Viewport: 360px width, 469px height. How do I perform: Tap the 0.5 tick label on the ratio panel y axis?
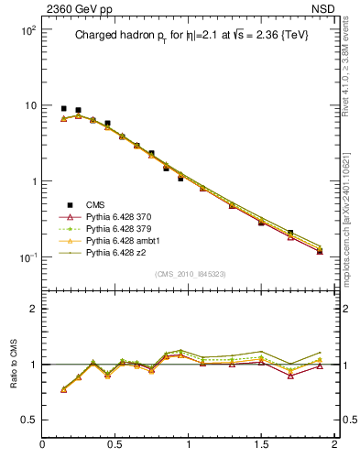pos(27,420)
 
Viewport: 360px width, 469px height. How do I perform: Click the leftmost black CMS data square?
pos(63,108)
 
